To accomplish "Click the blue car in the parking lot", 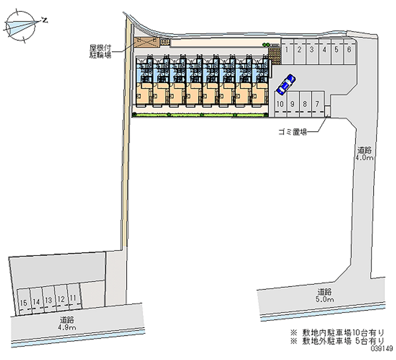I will tap(286, 85).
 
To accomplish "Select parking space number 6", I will tap(349, 50).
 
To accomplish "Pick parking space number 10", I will tap(280, 104).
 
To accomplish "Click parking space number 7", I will tap(317, 104).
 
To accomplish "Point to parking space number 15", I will tap(23, 300).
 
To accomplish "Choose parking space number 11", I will tap(73, 299).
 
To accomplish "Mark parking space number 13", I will tap(48, 300).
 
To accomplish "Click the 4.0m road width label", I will tap(364, 154).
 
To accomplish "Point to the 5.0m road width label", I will tap(325, 296).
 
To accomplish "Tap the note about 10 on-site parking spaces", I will tap(337, 333).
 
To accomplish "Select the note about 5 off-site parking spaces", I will tap(337, 342).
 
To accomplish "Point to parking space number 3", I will tap(312, 50).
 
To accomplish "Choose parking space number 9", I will tap(293, 104).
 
